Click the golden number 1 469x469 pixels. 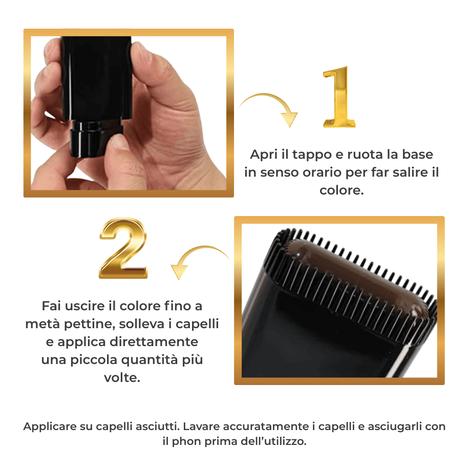(x=339, y=97)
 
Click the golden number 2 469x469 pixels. (x=123, y=248)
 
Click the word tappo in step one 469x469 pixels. (x=312, y=155)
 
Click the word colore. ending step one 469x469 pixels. (x=342, y=190)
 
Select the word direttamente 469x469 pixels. (x=158, y=342)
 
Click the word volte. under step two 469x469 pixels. (x=122, y=377)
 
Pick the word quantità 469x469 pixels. (x=150, y=360)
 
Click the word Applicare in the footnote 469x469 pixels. (x=50, y=427)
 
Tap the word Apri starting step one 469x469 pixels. (x=264, y=155)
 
